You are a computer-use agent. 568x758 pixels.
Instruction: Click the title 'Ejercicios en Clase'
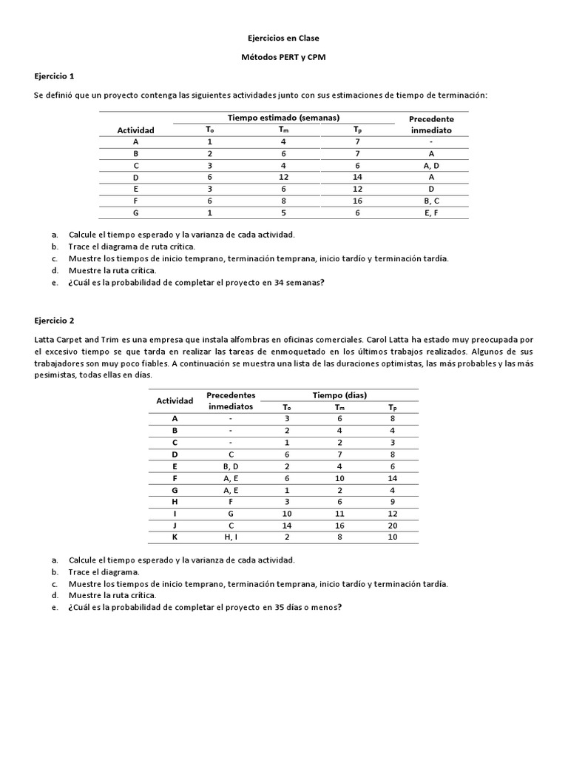(283, 38)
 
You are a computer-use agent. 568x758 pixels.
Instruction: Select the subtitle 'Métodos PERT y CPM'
(283, 57)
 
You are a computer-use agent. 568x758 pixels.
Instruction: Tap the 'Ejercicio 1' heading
(55, 76)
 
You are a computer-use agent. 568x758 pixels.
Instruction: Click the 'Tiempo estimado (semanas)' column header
(283, 118)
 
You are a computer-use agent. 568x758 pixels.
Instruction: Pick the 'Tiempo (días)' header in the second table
(340, 395)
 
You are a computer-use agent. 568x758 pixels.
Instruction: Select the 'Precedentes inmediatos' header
(231, 400)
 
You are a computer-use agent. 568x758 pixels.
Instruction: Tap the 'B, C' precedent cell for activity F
(431, 200)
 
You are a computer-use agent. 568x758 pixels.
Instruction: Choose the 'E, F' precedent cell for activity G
(431, 212)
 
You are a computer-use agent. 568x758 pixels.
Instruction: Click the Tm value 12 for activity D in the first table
(283, 177)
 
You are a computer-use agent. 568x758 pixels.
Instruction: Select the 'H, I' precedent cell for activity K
(231, 537)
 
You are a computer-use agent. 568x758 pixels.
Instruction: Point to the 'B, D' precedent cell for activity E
(231, 466)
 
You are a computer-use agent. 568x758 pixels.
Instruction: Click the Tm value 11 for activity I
(339, 513)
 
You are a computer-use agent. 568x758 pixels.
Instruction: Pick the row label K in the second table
(175, 537)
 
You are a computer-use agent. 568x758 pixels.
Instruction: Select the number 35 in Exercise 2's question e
(268, 608)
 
